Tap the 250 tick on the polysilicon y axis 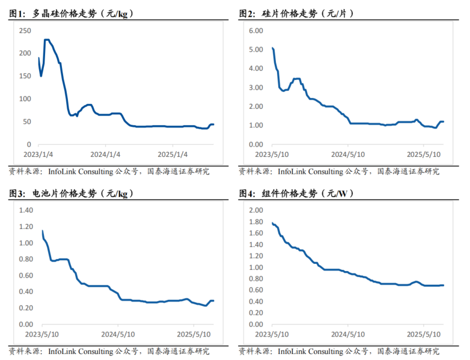tap(25, 30)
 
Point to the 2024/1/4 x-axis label tap(105, 153)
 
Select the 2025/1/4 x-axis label tap(172, 153)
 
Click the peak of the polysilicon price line tap(46, 40)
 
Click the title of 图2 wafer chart tap(298, 13)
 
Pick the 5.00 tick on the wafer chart tap(254, 49)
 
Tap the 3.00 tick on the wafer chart tap(254, 87)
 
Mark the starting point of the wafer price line tap(272, 47)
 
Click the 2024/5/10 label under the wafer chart tap(349, 153)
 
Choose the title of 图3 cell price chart tap(72, 194)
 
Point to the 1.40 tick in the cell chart tap(25, 210)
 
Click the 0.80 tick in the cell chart tap(25, 259)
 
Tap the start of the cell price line tap(42, 230)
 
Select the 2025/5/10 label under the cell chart tap(194, 334)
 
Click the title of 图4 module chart tap(296, 194)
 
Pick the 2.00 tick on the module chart tap(255, 210)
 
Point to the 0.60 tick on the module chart tap(255, 290)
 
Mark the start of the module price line tap(272, 223)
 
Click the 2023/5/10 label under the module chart tap(272, 334)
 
